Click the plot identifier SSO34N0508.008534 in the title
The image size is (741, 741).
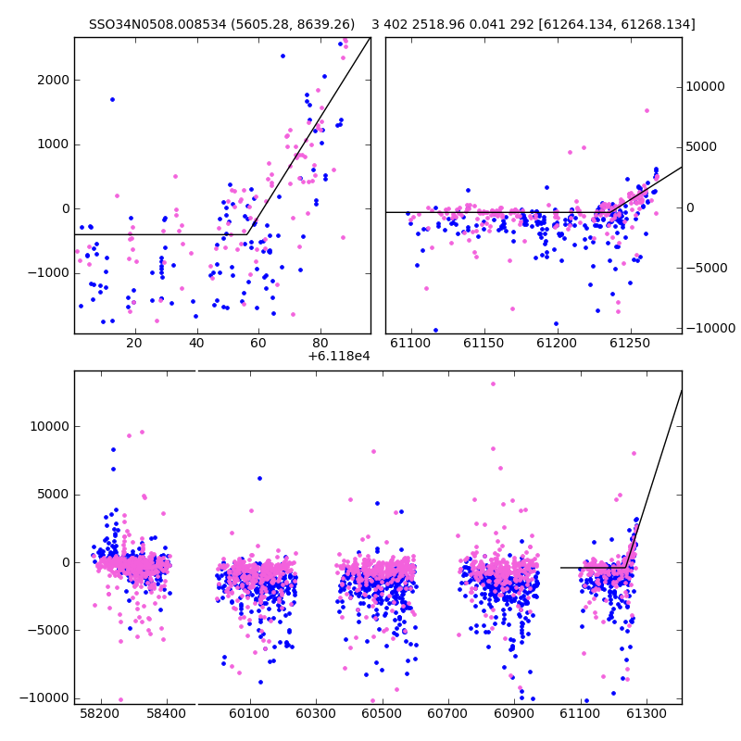157,24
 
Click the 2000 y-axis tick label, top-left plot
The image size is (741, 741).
54,80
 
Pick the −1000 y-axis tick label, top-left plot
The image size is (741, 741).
48,273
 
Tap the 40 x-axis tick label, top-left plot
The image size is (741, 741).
196,343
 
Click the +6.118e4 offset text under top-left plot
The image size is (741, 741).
339,357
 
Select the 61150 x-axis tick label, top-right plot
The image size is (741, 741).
484,343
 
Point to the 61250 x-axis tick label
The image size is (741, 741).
631,343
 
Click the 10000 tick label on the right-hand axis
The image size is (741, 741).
705,86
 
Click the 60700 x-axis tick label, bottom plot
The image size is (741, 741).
447,713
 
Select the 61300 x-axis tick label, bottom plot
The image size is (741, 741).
646,713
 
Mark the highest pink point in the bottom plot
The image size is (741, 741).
494,384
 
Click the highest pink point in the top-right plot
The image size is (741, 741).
647,111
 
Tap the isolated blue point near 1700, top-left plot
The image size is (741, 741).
112,100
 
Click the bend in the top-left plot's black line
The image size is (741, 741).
246,234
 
